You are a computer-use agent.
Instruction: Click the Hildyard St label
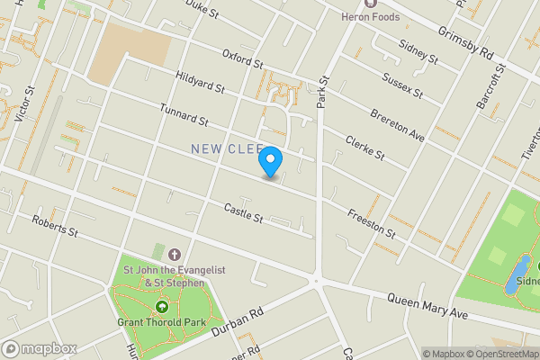click(x=200, y=84)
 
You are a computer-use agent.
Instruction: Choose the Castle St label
click(x=243, y=213)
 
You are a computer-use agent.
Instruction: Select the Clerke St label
click(x=365, y=148)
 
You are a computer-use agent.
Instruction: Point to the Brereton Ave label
click(x=397, y=125)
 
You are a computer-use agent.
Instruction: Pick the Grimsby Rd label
click(x=466, y=42)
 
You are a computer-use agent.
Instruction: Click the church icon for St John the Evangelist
click(x=174, y=255)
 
